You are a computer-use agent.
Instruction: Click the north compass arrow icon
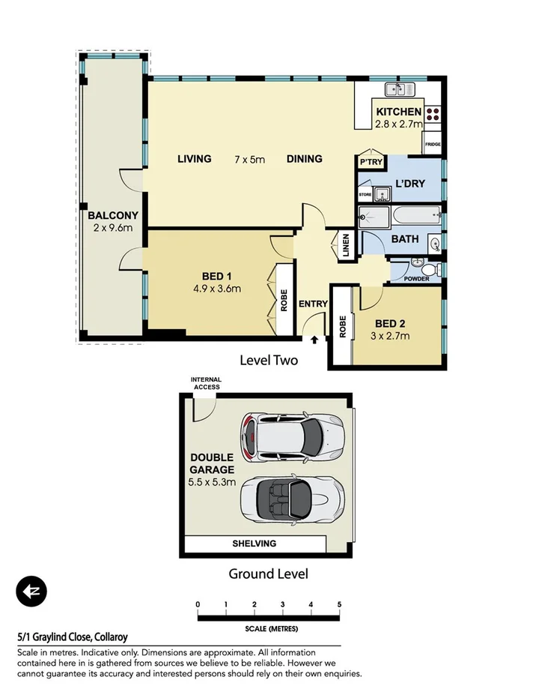click(x=31, y=592)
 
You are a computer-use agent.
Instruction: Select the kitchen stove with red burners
click(x=433, y=114)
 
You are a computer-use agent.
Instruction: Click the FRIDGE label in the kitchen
click(x=433, y=144)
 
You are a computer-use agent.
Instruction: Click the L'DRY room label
click(x=410, y=184)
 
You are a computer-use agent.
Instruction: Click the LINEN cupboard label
click(x=346, y=248)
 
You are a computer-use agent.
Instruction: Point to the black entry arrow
click(x=314, y=340)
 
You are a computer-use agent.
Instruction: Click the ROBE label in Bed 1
click(x=284, y=300)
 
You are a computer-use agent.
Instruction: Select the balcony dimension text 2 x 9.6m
click(x=113, y=227)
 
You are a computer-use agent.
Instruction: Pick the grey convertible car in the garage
click(x=292, y=496)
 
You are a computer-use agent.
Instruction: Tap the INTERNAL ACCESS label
click(x=206, y=384)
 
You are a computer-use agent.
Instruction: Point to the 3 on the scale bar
click(x=282, y=604)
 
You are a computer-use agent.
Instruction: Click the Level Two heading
click(x=268, y=361)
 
